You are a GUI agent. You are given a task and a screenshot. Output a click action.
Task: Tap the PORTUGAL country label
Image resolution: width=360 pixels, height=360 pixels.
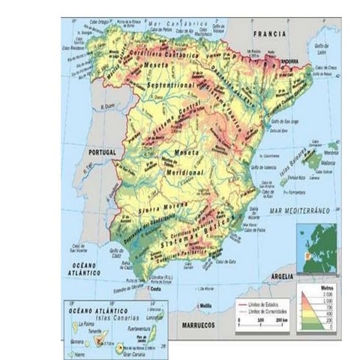[x=103, y=151]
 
